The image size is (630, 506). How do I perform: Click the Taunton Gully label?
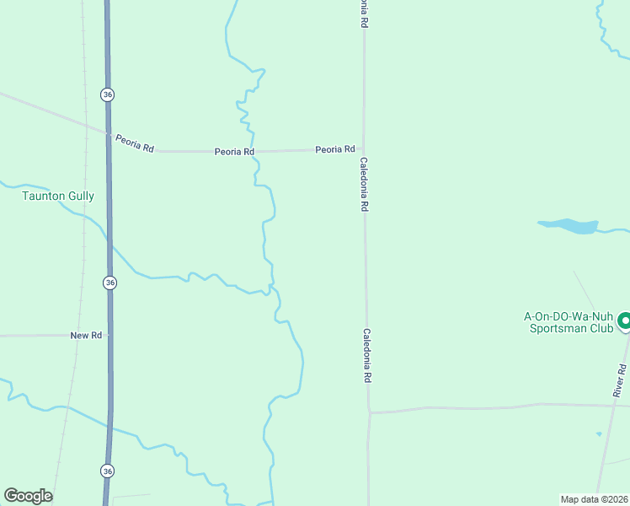(x=57, y=196)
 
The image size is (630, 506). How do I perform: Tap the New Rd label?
(x=86, y=336)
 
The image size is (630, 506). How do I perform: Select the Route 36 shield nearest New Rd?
(x=109, y=283)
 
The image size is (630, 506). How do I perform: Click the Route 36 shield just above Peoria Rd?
(x=106, y=94)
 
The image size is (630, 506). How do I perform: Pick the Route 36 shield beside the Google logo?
(x=106, y=470)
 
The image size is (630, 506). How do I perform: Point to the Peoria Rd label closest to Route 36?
(x=135, y=147)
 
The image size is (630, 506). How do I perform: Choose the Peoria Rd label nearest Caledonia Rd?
(x=335, y=149)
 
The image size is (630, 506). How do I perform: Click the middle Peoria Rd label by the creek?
(x=234, y=152)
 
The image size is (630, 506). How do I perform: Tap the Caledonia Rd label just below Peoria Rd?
(x=364, y=184)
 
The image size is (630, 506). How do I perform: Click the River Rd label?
(x=620, y=380)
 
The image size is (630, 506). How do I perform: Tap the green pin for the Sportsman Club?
(x=625, y=321)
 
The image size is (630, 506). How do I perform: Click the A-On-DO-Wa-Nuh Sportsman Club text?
(x=569, y=322)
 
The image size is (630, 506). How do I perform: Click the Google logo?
(x=28, y=496)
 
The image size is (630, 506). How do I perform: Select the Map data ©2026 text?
(x=594, y=499)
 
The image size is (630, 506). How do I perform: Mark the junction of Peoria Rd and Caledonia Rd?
(x=364, y=149)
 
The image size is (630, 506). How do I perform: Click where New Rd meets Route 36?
(x=109, y=335)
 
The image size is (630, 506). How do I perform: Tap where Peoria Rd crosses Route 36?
(x=108, y=133)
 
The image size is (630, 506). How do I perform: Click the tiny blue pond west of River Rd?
(x=599, y=434)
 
